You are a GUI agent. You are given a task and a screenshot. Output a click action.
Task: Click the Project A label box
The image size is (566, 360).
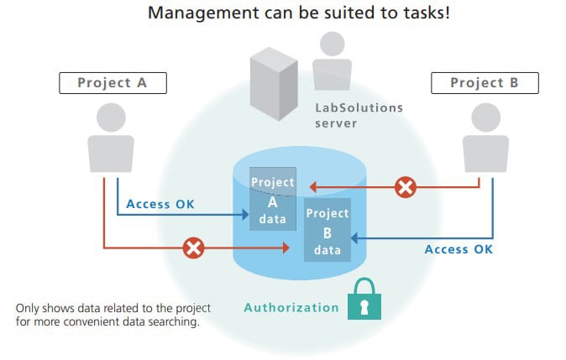pyautogui.click(x=112, y=82)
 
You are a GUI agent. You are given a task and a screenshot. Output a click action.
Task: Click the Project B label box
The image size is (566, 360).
pyautogui.click(x=484, y=82)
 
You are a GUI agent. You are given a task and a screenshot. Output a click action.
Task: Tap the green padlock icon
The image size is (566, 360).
pyautogui.click(x=364, y=300)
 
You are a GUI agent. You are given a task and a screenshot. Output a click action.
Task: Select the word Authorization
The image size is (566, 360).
pyautogui.click(x=291, y=307)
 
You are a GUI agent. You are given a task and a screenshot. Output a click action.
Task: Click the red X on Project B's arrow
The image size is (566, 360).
pyautogui.click(x=405, y=187)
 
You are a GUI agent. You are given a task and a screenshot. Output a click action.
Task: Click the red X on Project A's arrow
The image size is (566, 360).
pyautogui.click(x=194, y=248)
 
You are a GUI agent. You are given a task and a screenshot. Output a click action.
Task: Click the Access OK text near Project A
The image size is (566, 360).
pyautogui.click(x=160, y=204)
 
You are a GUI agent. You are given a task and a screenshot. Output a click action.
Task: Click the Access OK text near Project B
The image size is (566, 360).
pyautogui.click(x=459, y=249)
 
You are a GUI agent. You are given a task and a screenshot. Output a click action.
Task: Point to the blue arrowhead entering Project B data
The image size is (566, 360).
pyautogui.click(x=354, y=238)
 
